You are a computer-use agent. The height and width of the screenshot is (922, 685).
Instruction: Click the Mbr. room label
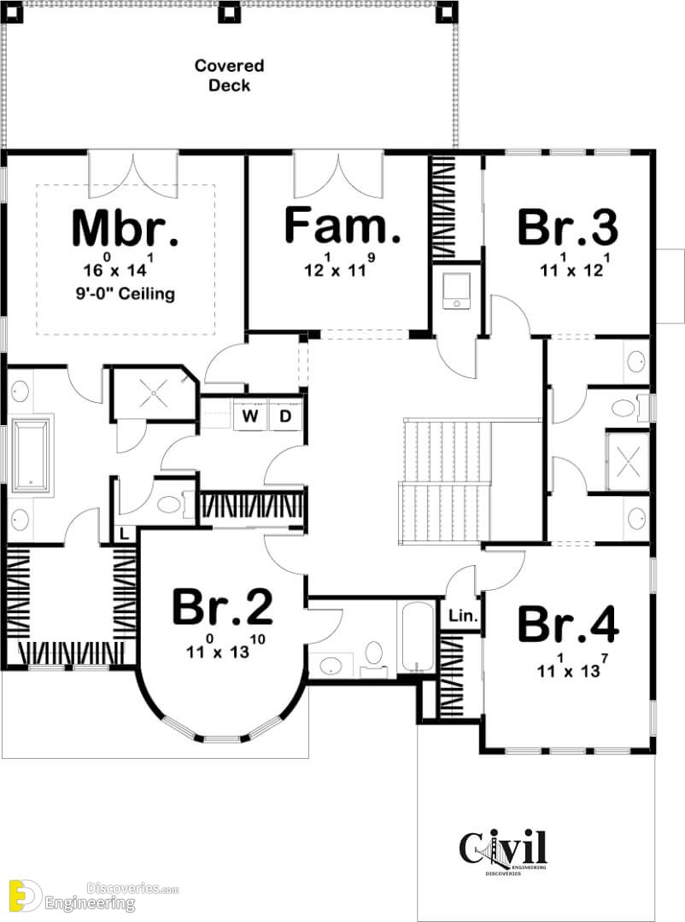pos(125,228)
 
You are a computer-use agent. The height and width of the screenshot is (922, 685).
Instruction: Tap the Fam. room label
pos(342,225)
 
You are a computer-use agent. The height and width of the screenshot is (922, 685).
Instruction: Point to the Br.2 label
pos(222,607)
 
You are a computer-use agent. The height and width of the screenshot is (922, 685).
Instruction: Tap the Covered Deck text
pos(230,75)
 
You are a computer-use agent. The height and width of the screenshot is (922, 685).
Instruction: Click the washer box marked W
pos(250,416)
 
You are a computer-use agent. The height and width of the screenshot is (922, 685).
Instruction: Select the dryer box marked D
pos(285,416)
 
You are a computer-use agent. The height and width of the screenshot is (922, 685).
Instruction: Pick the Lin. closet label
pos(463,616)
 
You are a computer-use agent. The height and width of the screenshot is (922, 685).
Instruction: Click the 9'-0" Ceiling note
pos(126,293)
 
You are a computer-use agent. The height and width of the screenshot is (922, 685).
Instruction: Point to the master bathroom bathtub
pos(32,454)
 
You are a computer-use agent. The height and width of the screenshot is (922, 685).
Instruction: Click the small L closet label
pos(124,534)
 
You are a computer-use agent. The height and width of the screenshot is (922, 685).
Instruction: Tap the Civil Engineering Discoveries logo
pos(503,851)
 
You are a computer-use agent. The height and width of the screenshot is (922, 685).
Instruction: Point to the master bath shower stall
pos(155,394)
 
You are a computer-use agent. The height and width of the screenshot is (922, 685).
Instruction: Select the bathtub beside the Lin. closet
pos(416,637)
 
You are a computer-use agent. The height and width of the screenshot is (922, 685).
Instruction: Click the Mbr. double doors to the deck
pos(133,175)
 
